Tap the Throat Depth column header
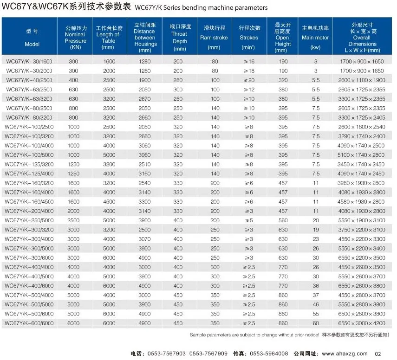click(180, 38)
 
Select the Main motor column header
click(315, 38)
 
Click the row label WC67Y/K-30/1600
click(29, 62)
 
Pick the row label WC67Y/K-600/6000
click(29, 323)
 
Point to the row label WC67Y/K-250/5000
click(29, 220)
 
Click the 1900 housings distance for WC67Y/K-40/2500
click(144, 80)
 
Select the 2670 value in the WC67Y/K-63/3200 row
click(144, 99)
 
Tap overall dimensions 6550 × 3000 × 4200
click(362, 323)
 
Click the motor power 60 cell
click(316, 323)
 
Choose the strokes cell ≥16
click(249, 62)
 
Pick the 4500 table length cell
click(109, 202)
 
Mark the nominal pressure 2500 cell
click(73, 220)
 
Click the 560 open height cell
click(283, 220)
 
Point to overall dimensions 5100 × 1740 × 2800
click(361, 155)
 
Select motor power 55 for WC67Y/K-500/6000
click(316, 314)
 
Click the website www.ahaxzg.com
click(345, 354)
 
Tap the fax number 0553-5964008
click(269, 354)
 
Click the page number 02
click(378, 354)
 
